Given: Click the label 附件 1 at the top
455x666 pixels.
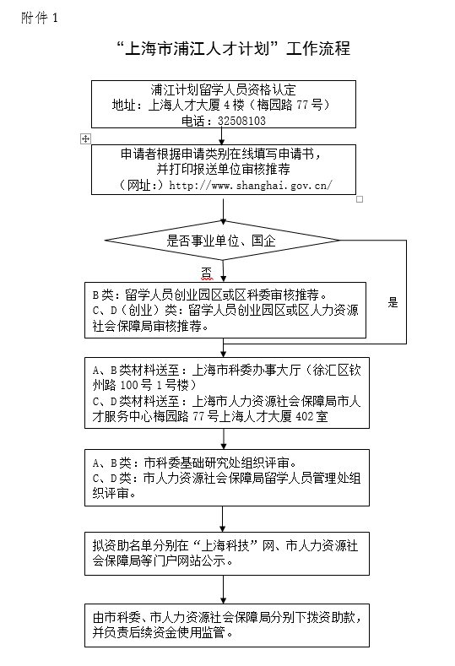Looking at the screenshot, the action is [x=39, y=18].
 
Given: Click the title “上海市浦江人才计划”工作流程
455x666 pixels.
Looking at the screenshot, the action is [x=233, y=48].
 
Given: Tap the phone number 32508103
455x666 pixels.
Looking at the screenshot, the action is [x=241, y=121].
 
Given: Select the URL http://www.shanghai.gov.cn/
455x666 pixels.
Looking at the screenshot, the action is [x=251, y=185].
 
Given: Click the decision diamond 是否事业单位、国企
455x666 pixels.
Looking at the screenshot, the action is [x=222, y=241].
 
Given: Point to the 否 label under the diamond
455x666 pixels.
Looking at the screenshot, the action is [x=207, y=273].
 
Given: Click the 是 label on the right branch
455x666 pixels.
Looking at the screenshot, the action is [x=393, y=302].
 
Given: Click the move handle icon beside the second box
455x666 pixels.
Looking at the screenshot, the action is [x=85, y=138].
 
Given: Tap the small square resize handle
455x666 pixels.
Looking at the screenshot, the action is [x=360, y=199].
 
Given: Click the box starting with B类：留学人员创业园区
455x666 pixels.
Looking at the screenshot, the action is [x=225, y=310].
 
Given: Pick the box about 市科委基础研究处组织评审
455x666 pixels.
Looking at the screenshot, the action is [x=227, y=478].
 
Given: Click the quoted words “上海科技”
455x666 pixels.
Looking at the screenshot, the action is [x=225, y=546].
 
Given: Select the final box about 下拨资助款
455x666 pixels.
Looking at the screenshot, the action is [x=227, y=625].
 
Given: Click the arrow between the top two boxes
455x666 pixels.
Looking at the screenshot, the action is [x=221, y=137].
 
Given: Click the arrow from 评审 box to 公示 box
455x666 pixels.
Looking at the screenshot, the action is [x=223, y=519].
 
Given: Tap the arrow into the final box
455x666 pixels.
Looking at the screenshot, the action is [x=223, y=589].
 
